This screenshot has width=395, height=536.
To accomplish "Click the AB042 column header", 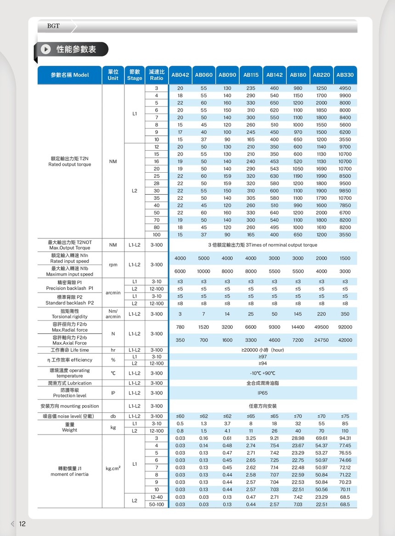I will tap(180, 75).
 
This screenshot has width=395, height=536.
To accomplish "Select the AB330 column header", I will tap(345, 75).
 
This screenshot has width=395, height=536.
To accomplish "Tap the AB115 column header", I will tap(251, 75).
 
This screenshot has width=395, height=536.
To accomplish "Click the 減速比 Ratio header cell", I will tap(157, 75).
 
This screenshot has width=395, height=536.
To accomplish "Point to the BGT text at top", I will tap(53, 26).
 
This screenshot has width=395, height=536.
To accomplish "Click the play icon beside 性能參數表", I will tap(46, 49).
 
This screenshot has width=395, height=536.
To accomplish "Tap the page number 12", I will tap(22, 524).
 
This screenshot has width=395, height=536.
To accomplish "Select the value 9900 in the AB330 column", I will tap(345, 96).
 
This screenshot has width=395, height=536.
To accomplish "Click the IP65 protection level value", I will tap(263, 393).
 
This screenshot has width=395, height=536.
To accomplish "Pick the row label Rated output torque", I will tap(70, 164).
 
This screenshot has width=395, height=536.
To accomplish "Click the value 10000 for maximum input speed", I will tap(203, 271).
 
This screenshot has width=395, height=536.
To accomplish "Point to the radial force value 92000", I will tap(345, 327).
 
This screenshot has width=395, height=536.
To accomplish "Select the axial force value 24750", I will tap(322, 340).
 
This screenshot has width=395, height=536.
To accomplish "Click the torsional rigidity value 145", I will tap(298, 314).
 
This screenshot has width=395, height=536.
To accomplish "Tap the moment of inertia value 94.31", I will tap(345, 438).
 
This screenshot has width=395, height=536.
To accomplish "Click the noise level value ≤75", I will tap(345, 416).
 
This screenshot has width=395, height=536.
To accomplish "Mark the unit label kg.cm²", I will tap(113, 468).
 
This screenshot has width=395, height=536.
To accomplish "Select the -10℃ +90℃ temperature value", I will tap(263, 373).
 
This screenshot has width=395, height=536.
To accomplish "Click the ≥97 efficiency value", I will tap(263, 356).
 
